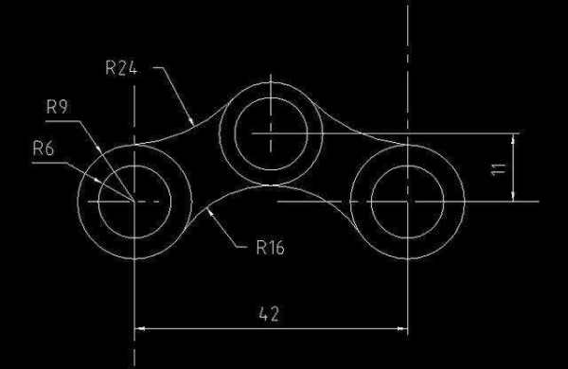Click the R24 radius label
point(121,68)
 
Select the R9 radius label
point(57,107)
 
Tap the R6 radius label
point(44,149)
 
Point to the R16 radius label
point(270,248)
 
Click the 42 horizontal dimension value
point(269,314)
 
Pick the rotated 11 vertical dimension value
point(498,168)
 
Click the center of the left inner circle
point(134,202)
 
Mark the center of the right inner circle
point(407,202)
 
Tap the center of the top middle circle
point(271,133)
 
